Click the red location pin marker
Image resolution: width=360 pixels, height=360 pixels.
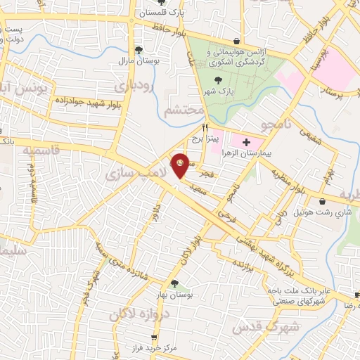click(181, 165)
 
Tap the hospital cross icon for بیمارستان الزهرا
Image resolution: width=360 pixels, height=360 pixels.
click(245, 143)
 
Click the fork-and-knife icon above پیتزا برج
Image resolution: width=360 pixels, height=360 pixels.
click(205, 127)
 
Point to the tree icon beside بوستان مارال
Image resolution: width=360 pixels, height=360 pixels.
click(139, 50)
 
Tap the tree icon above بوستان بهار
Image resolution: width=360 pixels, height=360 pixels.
click(174, 283)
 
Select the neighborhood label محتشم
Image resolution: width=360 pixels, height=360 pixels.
click(184, 110)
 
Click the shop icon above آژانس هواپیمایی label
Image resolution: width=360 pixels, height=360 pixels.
click(245, 41)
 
